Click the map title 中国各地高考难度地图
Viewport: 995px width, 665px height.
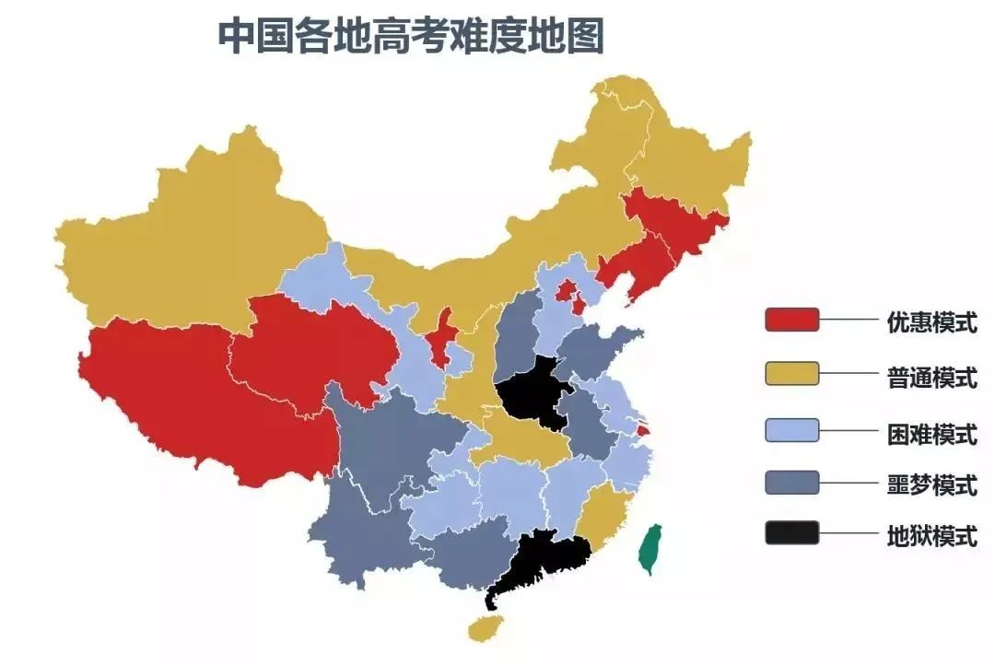[411, 36]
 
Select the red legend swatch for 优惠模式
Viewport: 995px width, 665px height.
[791, 320]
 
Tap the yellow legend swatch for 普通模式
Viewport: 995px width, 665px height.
[791, 373]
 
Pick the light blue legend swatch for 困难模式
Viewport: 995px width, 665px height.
[791, 429]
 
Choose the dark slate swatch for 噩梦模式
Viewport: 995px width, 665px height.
[791, 482]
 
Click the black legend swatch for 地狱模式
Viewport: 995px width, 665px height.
[791, 532]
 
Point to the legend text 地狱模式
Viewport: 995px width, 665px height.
[931, 534]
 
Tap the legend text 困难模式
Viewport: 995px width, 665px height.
[931, 431]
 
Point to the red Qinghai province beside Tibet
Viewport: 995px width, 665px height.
[313, 350]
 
